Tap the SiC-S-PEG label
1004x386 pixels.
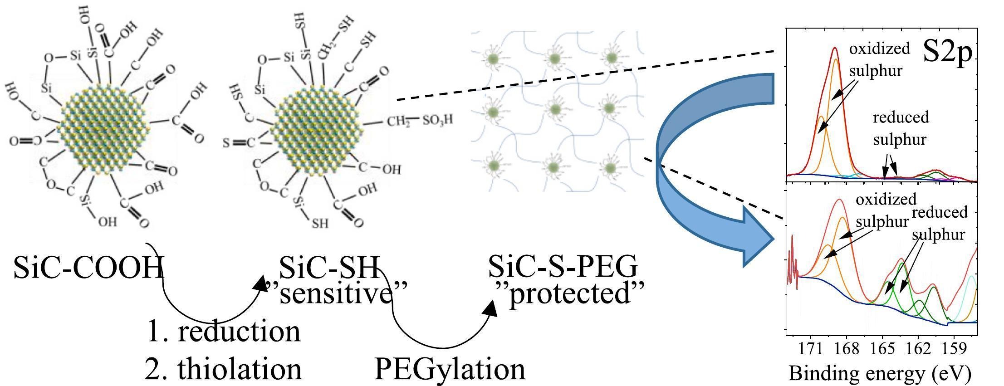point(563,267)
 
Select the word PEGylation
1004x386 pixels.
point(450,369)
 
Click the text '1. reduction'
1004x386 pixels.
point(224,332)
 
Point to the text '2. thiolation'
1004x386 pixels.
point(224,369)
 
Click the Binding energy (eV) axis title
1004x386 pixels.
point(880,373)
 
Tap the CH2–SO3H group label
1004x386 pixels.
point(419,121)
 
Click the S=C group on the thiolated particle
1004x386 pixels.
point(239,143)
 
